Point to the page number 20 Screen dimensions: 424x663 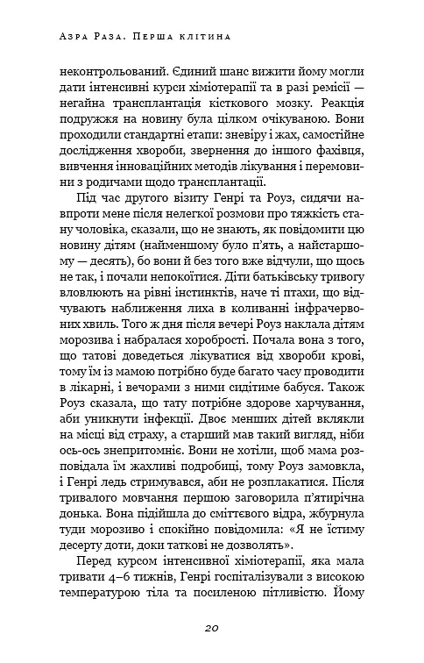[x=211, y=628]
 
